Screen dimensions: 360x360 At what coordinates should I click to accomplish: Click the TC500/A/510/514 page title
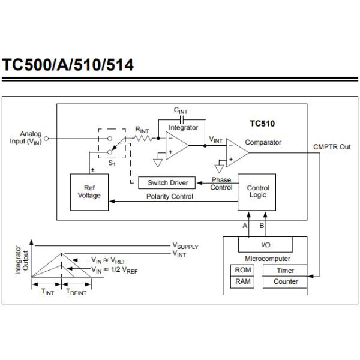68,65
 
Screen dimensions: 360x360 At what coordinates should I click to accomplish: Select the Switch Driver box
167,182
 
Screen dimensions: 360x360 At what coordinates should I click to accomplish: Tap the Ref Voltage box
89,192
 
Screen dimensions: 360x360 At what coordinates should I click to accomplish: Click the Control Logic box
258,192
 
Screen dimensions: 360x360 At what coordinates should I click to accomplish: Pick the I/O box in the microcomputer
265,245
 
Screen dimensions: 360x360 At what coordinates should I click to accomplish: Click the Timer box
286,270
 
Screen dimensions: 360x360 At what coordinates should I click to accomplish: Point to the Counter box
286,281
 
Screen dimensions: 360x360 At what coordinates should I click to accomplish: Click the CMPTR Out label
332,147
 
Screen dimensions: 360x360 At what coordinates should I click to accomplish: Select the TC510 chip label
262,124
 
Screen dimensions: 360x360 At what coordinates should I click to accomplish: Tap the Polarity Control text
170,197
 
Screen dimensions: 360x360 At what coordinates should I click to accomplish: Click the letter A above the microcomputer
245,226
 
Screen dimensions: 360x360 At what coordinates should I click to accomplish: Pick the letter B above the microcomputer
261,226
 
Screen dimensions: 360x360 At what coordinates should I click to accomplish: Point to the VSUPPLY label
185,246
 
